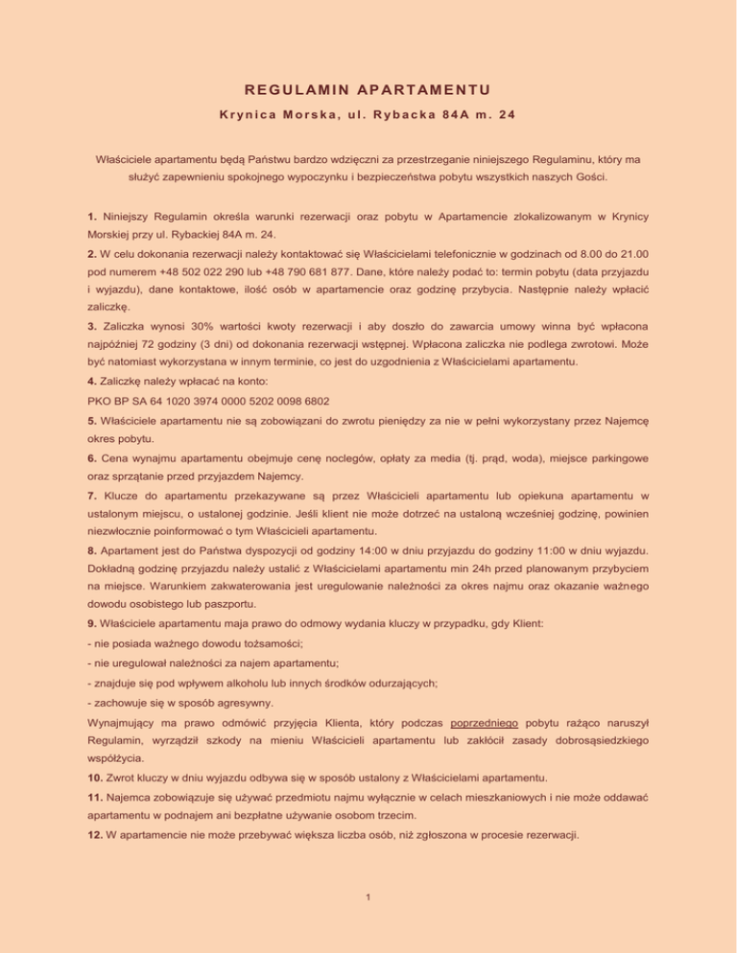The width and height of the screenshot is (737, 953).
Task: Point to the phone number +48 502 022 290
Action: pyautogui.click(x=184, y=277)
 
